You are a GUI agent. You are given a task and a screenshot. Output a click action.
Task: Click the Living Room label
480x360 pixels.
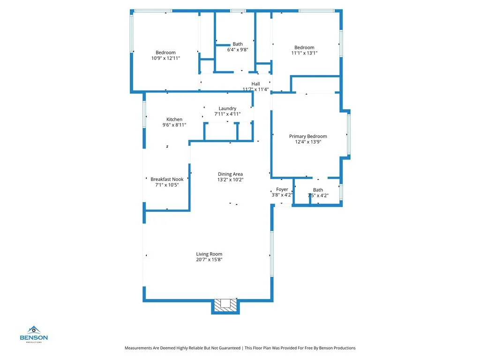pos(209,254)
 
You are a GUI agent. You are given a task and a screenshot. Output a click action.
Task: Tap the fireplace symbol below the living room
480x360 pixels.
pos(226,305)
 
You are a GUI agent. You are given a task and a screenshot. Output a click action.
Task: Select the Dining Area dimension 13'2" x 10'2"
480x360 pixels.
pos(230,180)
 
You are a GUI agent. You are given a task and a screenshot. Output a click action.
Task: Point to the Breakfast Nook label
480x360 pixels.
pos(167,179)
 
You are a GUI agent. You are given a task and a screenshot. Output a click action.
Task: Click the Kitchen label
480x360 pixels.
pos(174,120)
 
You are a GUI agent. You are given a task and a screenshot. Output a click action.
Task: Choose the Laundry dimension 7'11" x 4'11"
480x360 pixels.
pos(227,114)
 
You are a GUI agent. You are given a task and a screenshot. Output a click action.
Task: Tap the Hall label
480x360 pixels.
pos(255,84)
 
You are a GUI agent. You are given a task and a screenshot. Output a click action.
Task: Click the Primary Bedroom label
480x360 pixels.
pos(308,136)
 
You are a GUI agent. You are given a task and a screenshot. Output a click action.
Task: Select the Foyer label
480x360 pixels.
pos(282,189)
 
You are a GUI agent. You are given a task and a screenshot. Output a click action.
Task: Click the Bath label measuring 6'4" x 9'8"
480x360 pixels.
pos(238,44)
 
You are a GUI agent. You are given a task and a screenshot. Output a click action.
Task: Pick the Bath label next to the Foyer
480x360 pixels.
pos(318,190)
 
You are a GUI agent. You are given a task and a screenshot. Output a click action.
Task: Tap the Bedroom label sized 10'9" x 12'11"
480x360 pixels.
pos(165,52)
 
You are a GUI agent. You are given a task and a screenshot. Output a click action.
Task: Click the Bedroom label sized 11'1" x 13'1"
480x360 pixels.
pos(304,47)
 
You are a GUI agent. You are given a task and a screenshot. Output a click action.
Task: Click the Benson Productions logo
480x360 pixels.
pos(33,334)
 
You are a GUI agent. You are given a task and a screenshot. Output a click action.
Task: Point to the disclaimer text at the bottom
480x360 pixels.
pos(240,348)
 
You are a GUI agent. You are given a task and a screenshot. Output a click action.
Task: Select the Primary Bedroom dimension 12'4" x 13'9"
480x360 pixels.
pos(308,142)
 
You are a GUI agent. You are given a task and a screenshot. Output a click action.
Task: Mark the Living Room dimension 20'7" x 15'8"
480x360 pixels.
pos(209,260)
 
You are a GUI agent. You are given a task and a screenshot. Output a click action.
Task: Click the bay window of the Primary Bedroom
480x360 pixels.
pos(348,134)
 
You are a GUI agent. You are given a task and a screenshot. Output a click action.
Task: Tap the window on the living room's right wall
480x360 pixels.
pos(271,254)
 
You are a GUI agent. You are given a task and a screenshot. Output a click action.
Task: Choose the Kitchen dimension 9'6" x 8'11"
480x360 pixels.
pos(174,125)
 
